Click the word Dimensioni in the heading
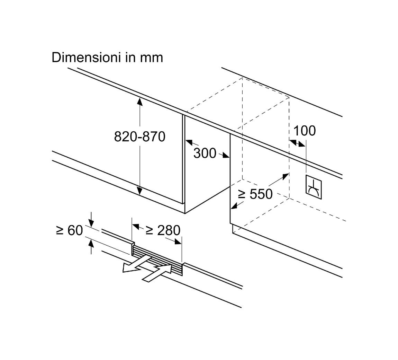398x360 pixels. tap(86, 58)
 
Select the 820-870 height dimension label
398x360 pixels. tap(139, 137)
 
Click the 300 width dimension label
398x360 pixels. tap(205, 153)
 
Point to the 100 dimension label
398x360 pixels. tap(305, 131)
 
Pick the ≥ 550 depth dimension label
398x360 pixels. tap(255, 194)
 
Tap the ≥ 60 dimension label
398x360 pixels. tap(69, 230)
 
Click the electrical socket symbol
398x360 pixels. tap(313, 187)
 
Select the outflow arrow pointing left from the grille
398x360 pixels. tap(136, 264)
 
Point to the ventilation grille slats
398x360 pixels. tap(157, 260)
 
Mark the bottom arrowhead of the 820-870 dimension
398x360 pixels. tap(139, 191)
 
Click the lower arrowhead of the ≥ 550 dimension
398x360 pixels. tap(235, 205)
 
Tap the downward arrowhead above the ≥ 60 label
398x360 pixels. tap(91, 223)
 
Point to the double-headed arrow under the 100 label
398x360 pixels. tap(298, 143)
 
